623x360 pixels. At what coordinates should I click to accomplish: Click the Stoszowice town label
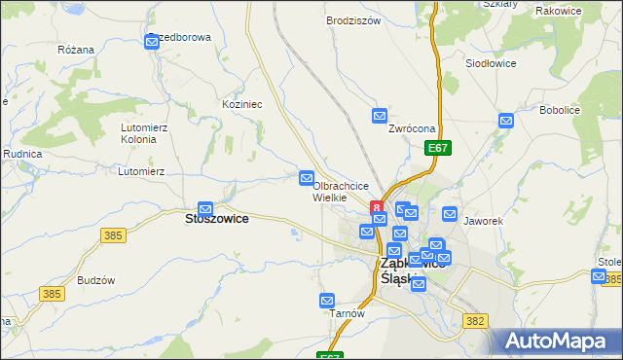[x=216, y=219]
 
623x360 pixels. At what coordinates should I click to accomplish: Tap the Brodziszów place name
[x=352, y=20]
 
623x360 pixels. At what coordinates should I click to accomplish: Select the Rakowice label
[x=559, y=11]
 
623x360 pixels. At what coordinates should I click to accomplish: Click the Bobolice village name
[x=560, y=110]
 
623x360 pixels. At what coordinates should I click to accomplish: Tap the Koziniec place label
[x=242, y=103]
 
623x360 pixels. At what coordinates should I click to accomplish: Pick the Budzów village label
[x=96, y=279]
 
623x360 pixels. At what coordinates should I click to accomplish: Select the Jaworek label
[x=483, y=221]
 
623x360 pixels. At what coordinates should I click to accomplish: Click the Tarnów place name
[x=347, y=313]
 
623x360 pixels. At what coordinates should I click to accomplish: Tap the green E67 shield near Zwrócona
[x=438, y=148]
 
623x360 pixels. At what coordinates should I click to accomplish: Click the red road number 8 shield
[x=377, y=206]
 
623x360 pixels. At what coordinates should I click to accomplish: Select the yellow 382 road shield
[x=475, y=320]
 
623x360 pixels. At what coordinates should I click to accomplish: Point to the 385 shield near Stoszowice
[x=113, y=235]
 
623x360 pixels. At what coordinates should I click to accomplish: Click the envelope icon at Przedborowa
[x=153, y=42]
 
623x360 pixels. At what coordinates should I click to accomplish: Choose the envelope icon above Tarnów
[x=328, y=301]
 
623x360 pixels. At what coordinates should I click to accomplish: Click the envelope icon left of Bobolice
[x=506, y=121]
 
